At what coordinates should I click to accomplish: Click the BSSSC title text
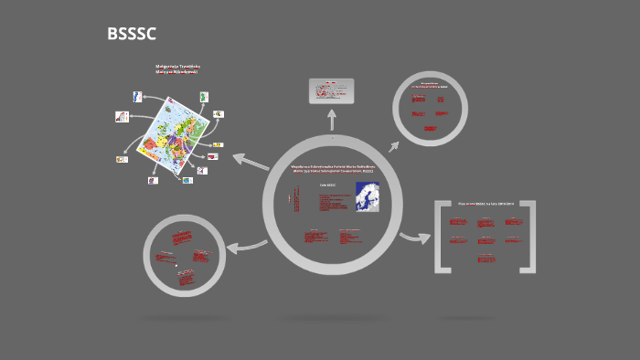coord(132,35)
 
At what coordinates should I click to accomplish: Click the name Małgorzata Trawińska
coord(177,66)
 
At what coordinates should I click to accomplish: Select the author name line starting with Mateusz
coord(177,71)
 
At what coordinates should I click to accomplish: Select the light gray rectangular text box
coord(332,90)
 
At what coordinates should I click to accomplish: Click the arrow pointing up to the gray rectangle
coord(332,119)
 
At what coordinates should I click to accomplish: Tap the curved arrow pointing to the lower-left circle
coord(245,245)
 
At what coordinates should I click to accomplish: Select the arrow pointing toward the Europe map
coord(249,161)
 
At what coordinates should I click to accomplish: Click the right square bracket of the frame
coord(528,237)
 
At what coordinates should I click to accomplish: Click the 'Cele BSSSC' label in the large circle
coord(327,185)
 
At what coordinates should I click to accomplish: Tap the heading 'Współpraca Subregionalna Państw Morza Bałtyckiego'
coord(332,167)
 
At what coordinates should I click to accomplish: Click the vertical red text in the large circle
coord(296,201)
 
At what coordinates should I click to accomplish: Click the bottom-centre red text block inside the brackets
coord(485,259)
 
